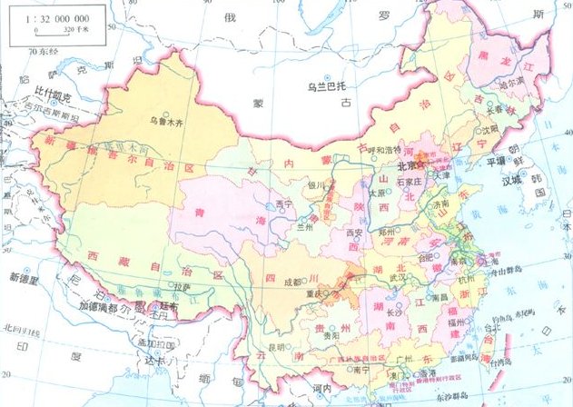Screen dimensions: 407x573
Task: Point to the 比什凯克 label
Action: (x=53, y=93)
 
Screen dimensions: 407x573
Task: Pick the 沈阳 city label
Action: (x=490, y=130)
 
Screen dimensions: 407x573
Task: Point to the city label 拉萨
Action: (x=183, y=286)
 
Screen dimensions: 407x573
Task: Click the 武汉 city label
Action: (x=395, y=276)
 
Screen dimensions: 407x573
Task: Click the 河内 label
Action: (x=322, y=388)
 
